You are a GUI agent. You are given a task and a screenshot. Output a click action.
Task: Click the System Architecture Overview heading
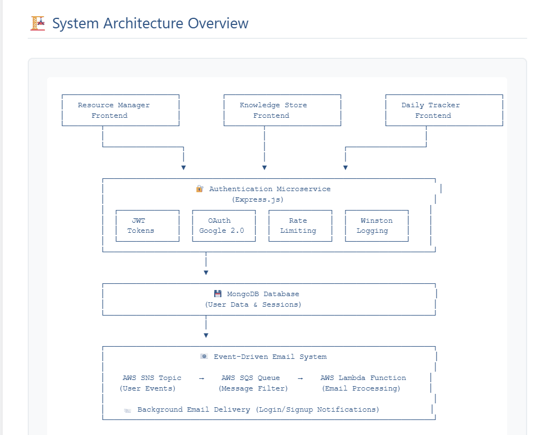click(150, 23)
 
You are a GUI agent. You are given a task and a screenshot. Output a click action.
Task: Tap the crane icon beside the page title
click(38, 23)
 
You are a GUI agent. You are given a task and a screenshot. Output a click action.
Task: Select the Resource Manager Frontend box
click(120, 110)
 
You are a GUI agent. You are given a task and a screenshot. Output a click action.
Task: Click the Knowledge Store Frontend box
click(282, 110)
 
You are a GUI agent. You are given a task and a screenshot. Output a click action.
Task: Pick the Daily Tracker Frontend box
click(443, 110)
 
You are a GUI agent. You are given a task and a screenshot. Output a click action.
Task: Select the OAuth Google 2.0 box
click(224, 226)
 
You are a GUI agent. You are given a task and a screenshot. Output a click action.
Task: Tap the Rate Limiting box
click(300, 226)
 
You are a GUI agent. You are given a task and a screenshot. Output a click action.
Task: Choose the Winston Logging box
click(377, 226)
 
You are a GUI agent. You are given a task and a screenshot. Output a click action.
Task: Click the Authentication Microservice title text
click(270, 189)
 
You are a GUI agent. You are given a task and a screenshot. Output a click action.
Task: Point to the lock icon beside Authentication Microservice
click(200, 189)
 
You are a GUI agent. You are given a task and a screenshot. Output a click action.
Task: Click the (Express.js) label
click(257, 199)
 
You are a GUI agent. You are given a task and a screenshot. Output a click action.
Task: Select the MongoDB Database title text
click(263, 294)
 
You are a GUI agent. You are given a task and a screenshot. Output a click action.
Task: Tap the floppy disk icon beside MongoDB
click(218, 294)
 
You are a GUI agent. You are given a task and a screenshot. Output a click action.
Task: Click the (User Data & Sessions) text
click(253, 304)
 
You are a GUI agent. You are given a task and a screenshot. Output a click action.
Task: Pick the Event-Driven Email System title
click(270, 357)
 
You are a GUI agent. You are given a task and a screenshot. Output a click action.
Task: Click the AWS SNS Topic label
click(152, 378)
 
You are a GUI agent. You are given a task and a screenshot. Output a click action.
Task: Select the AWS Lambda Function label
click(363, 378)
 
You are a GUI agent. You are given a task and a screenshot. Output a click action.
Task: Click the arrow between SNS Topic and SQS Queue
click(201, 378)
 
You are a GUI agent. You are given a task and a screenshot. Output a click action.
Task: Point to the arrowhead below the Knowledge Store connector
click(265, 167)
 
